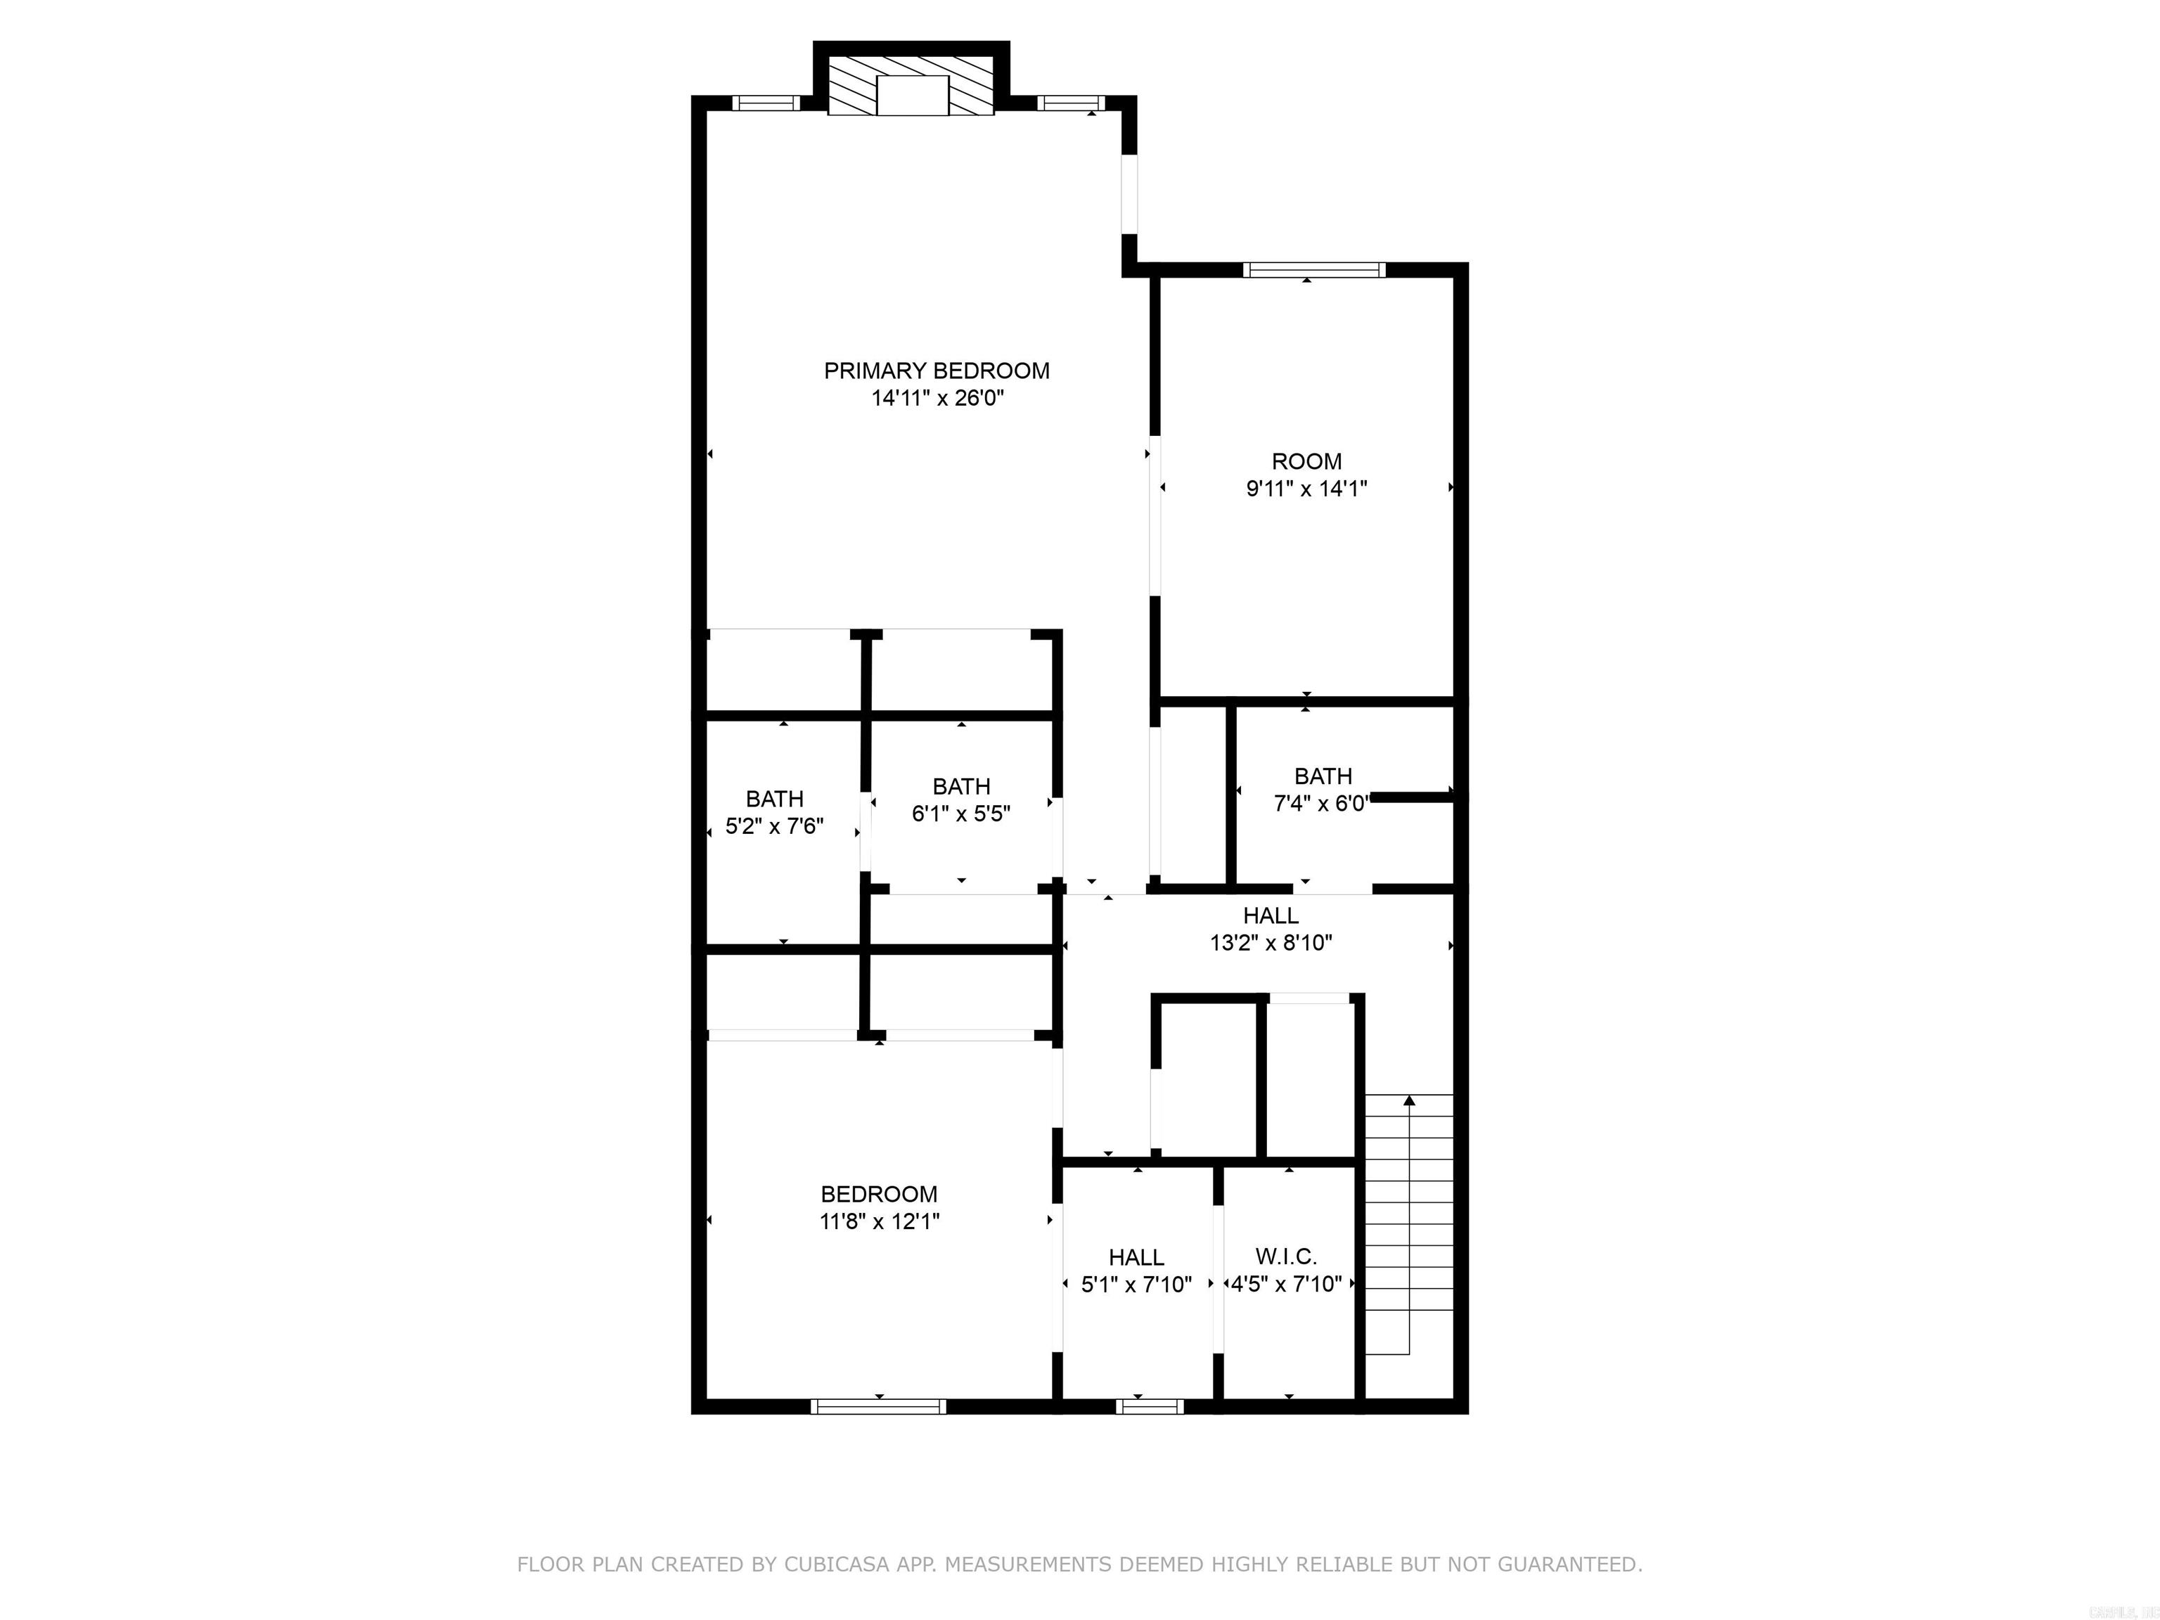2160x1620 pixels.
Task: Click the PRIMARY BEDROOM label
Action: pos(937,371)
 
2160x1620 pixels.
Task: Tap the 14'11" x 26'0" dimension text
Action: pos(937,399)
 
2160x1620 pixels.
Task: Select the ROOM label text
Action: pos(1306,462)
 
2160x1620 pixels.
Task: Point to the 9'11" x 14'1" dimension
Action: pos(1306,489)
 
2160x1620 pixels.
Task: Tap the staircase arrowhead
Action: pos(1409,1102)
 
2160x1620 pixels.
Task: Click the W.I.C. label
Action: pos(1286,1256)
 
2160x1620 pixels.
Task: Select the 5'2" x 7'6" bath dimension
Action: pos(774,827)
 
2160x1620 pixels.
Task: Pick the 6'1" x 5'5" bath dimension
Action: pos(961,814)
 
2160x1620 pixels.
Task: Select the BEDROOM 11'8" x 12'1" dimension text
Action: pos(879,1221)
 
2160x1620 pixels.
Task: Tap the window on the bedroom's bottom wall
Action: pos(878,1406)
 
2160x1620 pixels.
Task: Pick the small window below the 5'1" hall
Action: pos(1150,1406)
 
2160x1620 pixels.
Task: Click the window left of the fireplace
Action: pos(766,103)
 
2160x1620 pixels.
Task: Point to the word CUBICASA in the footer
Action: pos(836,1565)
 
